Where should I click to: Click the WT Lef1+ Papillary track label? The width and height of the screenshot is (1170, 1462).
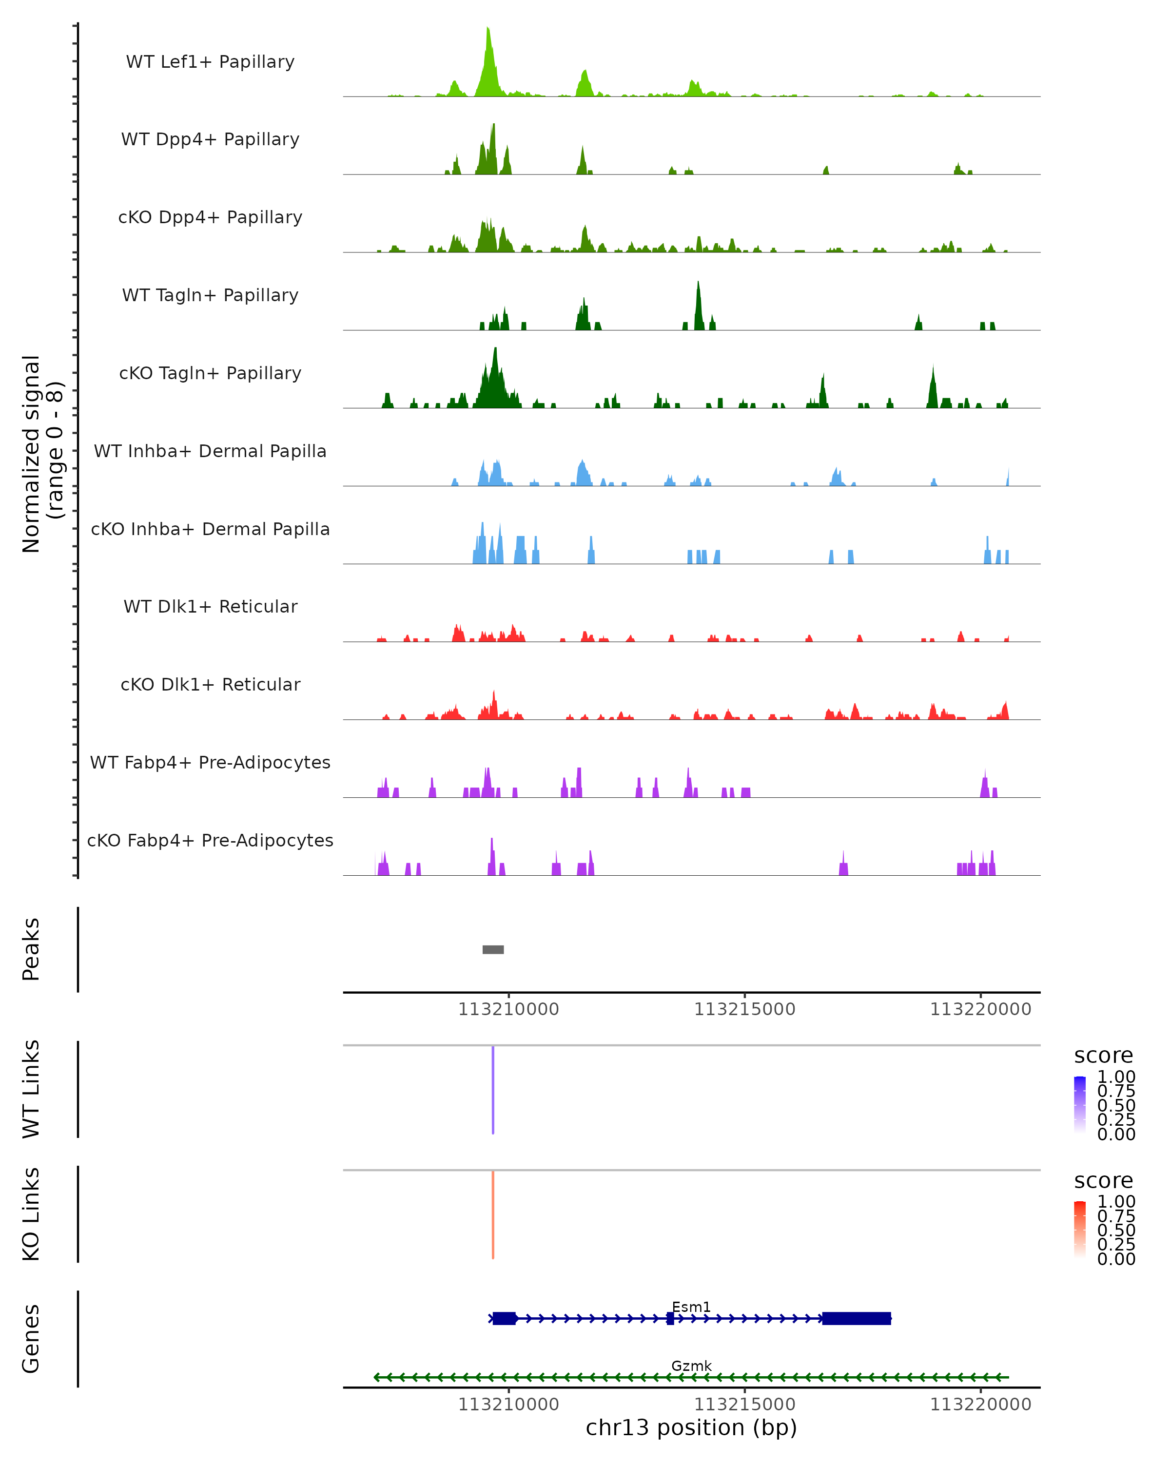tap(210, 62)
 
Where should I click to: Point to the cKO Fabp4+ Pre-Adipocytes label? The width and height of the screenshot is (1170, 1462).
tap(210, 840)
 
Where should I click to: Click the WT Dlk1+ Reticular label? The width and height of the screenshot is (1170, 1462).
tap(210, 606)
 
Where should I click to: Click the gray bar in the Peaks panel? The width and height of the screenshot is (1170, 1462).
tap(493, 949)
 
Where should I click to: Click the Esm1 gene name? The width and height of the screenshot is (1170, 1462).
tap(691, 1307)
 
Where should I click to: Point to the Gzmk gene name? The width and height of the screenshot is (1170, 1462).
tap(691, 1366)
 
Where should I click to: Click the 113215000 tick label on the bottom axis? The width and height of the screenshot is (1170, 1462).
tap(745, 1404)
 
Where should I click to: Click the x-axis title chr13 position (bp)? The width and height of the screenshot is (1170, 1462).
tap(691, 1427)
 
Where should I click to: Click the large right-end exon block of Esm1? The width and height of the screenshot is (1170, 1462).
tap(857, 1318)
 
